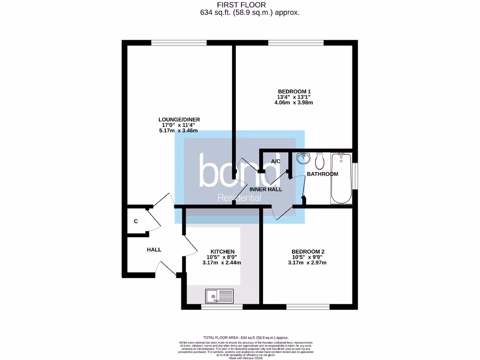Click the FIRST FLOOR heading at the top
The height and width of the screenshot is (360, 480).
click(248, 5)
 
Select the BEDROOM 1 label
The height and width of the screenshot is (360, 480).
click(294, 91)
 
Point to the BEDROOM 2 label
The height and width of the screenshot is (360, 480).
click(307, 252)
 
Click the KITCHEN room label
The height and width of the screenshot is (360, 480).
click(222, 252)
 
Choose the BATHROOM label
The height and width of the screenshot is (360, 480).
click(322, 174)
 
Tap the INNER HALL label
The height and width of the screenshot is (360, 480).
click(266, 189)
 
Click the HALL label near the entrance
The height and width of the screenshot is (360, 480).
click(154, 250)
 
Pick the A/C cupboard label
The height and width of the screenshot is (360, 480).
click(276, 162)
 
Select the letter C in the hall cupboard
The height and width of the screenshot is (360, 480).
click(136, 221)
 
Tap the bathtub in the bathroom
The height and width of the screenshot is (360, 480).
click(341, 178)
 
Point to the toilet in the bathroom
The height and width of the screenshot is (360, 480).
click(321, 161)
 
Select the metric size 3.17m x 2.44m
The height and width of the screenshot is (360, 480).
click(222, 263)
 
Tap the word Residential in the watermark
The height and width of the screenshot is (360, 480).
click(240, 198)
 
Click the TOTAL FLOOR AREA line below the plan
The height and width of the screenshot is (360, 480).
click(246, 337)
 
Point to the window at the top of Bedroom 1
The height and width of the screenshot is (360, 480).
click(296, 44)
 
